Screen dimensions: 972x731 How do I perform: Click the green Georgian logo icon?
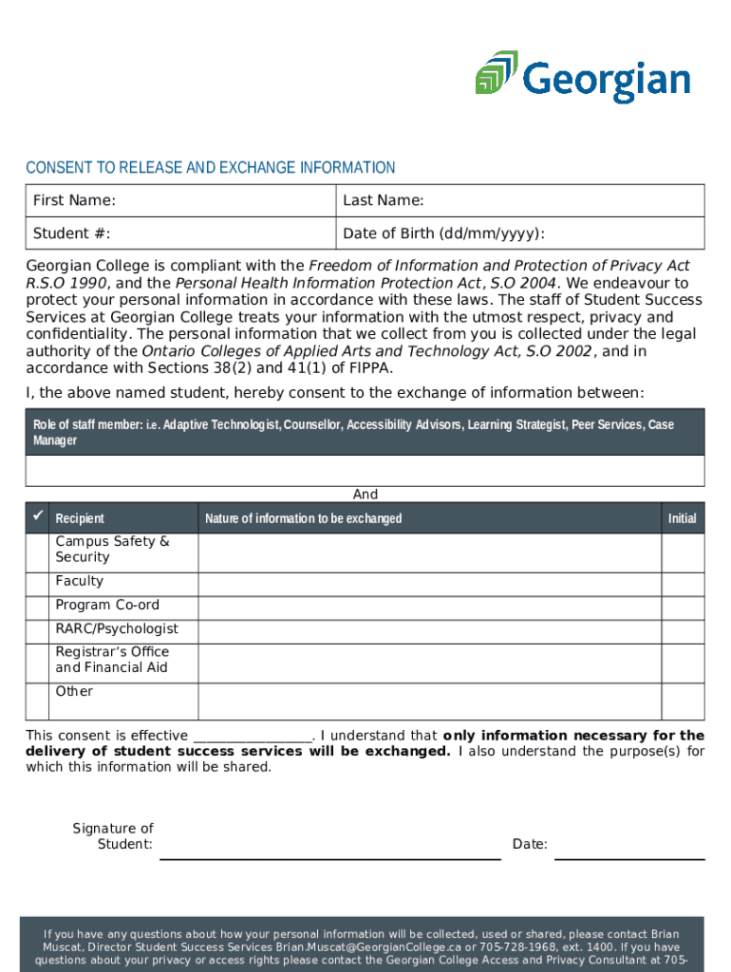pos(497,73)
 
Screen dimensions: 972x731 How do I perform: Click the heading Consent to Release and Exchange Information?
pos(211,168)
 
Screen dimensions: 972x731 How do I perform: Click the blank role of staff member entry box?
pos(365,471)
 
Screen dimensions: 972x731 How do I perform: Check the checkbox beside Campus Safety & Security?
pos(39,552)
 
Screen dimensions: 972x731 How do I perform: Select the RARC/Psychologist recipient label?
pos(117,629)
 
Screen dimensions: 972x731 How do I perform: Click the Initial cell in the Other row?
pos(683,701)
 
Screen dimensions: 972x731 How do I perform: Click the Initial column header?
pos(682,518)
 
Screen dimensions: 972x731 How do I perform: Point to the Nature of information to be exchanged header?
pos(304,518)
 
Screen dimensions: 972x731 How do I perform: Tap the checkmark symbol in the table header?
pos(38,516)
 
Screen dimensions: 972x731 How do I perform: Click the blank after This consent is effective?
pos(253,737)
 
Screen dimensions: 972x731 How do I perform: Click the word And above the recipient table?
pos(365,495)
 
